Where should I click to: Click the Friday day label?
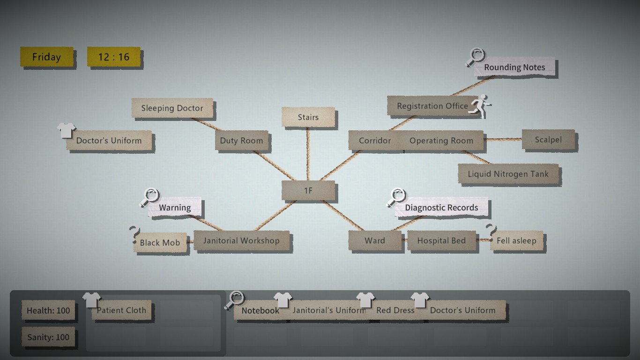point(46,57)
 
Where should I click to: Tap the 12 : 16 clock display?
point(113,57)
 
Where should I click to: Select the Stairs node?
point(308,117)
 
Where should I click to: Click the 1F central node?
point(308,191)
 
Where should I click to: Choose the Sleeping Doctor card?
point(172,108)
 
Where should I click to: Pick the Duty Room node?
point(241,141)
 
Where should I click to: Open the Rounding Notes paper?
point(514,67)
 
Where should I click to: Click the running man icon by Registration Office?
point(480,104)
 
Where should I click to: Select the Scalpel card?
point(548,140)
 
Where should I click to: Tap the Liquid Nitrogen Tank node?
point(508,174)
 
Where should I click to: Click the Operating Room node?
point(441,141)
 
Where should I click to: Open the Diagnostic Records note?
point(441,208)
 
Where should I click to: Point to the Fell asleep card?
point(516,241)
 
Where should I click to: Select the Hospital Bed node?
point(441,241)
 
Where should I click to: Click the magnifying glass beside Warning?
point(150,197)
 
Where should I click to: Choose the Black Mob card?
point(160,243)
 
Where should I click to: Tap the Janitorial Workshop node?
point(241,241)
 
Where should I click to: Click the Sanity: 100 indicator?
point(48,337)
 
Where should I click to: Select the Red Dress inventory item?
point(395,310)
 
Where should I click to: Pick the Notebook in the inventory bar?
point(260,310)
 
